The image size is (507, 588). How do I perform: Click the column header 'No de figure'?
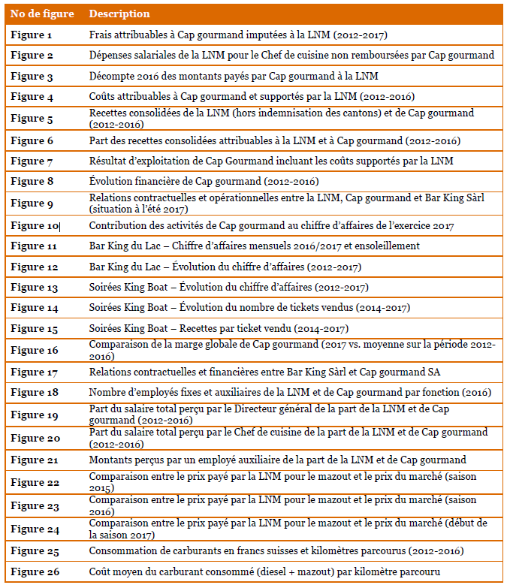[x=39, y=14]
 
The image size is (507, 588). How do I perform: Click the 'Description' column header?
[x=119, y=14]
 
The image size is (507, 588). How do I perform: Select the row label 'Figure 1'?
[x=32, y=35]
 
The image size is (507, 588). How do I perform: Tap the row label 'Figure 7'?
[x=32, y=161]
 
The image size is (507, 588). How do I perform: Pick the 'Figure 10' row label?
[x=35, y=225]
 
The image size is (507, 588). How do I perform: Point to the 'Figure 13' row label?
[x=35, y=288]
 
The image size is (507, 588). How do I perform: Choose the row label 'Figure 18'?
[x=35, y=393]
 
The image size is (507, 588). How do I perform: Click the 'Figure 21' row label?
[x=35, y=460]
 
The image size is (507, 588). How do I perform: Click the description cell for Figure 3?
[x=233, y=76]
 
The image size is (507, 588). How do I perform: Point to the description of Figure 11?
[x=254, y=246]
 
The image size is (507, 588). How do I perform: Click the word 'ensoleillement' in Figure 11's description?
[x=388, y=246]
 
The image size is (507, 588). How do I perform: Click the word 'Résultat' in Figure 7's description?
[x=108, y=161]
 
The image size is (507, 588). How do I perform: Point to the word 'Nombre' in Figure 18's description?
[x=107, y=393]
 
